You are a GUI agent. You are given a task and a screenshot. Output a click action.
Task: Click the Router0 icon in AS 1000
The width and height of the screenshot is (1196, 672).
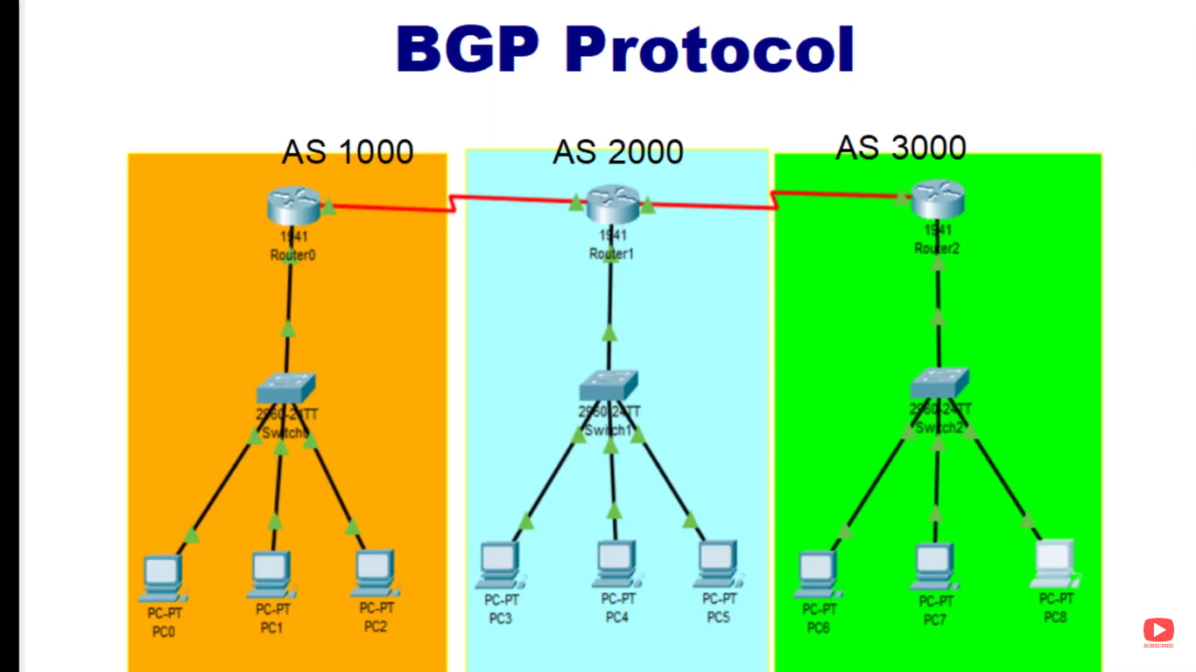[x=293, y=206]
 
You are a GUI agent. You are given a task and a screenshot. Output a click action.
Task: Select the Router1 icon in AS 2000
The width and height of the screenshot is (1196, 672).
[x=612, y=204]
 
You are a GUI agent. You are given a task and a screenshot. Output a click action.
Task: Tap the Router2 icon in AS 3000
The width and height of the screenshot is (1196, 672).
[x=937, y=200]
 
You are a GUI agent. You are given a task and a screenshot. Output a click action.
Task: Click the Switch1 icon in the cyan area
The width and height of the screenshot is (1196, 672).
[x=609, y=386]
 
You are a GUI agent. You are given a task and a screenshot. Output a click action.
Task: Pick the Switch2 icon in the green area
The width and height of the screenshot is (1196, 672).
[x=939, y=382]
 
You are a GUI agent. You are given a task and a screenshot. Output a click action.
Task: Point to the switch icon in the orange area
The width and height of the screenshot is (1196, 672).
[x=286, y=388]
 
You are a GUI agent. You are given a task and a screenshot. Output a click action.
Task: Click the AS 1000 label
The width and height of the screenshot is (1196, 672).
[x=348, y=152]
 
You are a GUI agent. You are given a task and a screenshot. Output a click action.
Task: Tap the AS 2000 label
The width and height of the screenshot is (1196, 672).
[x=618, y=152]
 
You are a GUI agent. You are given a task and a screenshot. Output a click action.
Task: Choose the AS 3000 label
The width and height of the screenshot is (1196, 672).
[x=901, y=147]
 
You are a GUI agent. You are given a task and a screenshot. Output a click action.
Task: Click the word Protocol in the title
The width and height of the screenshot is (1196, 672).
[x=709, y=50]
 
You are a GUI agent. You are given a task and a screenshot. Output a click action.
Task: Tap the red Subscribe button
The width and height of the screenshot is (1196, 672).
[x=1158, y=631]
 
